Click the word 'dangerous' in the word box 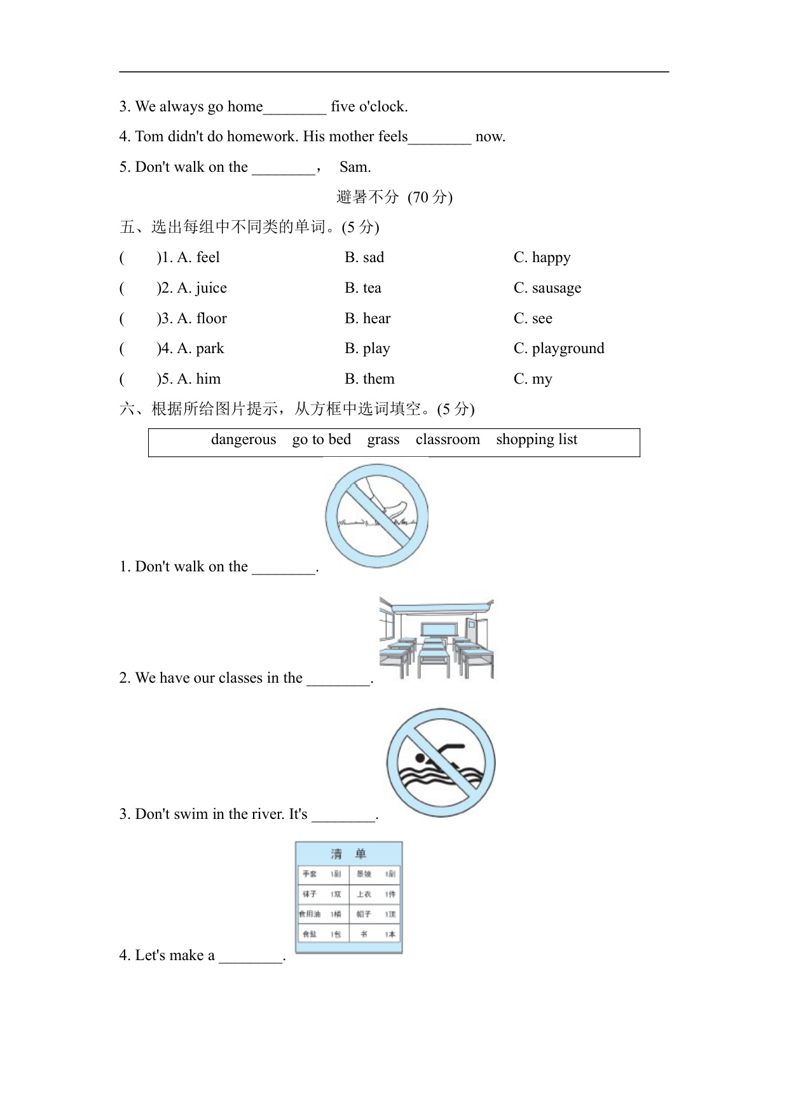[x=244, y=440]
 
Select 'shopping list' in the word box [x=537, y=440]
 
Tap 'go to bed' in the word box [x=322, y=440]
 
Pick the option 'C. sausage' [x=547, y=288]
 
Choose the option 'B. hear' [x=367, y=319]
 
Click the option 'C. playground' [x=559, y=349]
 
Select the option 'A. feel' [x=198, y=258]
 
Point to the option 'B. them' [x=369, y=379]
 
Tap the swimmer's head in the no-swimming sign [x=420, y=758]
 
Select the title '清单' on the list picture [x=348, y=854]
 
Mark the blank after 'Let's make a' [x=250, y=956]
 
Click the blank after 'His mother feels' [x=440, y=137]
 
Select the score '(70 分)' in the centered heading [x=430, y=197]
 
